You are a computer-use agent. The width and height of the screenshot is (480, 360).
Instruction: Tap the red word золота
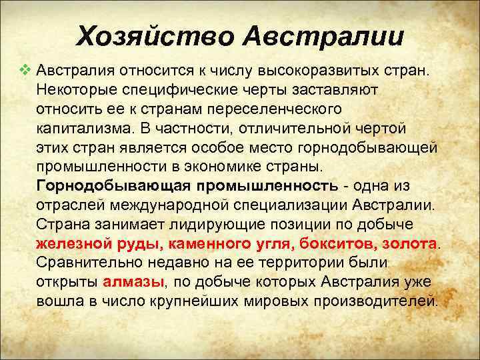411,243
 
